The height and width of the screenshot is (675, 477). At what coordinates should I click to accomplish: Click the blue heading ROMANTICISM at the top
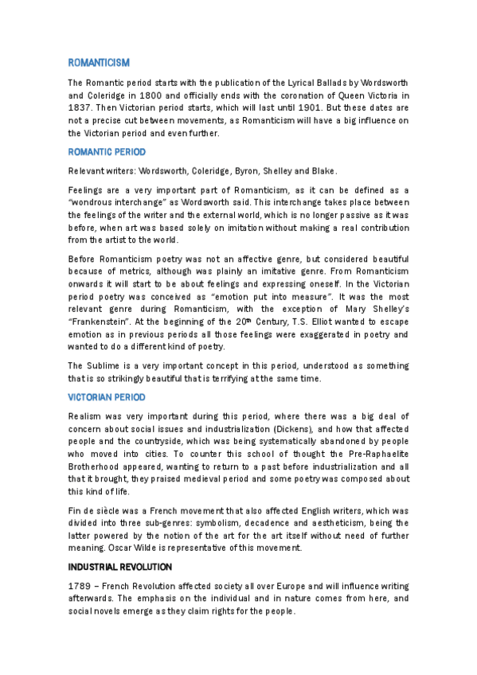[99, 62]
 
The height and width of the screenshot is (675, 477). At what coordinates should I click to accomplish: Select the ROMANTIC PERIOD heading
[107, 151]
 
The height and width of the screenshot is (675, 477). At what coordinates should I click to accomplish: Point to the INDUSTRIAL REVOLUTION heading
[119, 566]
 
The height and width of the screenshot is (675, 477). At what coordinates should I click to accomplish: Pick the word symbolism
[213, 522]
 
